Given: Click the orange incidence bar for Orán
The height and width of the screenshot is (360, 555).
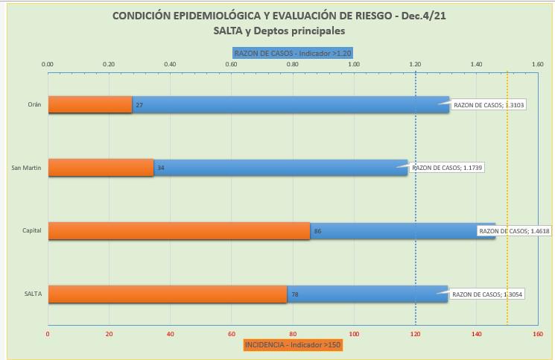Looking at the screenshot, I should (90, 104).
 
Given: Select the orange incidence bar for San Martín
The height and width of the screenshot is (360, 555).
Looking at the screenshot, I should (101, 168).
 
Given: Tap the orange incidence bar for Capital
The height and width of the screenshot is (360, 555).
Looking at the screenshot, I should (179, 231).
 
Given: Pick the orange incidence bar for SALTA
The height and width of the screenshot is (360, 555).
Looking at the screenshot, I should (167, 294).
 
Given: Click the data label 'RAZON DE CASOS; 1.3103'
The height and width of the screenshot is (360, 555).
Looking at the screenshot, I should (489, 105).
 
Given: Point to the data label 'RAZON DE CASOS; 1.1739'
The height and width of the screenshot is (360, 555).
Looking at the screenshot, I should (447, 168).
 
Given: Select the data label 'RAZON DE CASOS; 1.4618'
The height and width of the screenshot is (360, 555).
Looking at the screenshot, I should (514, 231).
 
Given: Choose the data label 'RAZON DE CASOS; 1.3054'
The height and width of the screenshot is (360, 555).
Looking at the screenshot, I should (487, 294).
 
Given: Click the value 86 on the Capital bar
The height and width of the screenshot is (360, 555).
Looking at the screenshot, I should (317, 232).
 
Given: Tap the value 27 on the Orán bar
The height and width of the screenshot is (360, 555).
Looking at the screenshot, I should (139, 105).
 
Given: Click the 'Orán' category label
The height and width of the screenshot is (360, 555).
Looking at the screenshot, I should (34, 104).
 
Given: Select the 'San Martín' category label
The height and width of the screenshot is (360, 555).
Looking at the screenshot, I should (26, 168).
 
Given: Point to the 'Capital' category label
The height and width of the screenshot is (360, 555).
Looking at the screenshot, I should (31, 231).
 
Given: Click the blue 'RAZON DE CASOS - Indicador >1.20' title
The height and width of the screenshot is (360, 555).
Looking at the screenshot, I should (292, 53).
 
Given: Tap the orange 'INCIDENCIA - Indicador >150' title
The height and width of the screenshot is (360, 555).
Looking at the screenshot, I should (293, 344).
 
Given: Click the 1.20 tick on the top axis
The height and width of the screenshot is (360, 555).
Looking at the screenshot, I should (415, 65).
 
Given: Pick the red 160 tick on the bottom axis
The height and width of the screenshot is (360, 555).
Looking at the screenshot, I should (537, 334).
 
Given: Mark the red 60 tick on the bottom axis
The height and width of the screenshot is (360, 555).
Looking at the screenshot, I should (231, 334).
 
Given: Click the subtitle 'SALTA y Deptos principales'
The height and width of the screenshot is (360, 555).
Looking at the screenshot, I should (279, 31).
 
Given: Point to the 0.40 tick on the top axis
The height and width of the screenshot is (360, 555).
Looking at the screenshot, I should (170, 65).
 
